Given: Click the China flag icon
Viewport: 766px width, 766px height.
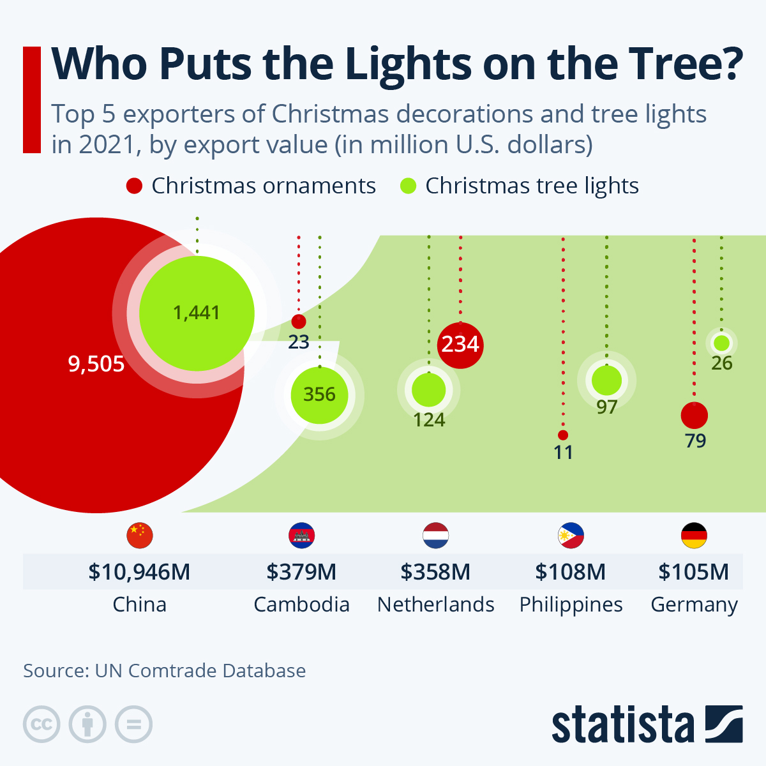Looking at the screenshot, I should (x=140, y=536).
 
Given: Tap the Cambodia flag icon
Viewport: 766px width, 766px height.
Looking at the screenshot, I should (x=302, y=536).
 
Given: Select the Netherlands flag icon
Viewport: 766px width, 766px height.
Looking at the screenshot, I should (x=436, y=536).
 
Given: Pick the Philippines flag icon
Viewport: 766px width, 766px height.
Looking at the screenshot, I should (x=571, y=536).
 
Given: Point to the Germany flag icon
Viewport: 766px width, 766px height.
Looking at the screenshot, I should (x=694, y=536).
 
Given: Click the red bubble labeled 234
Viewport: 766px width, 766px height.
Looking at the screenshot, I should (x=460, y=345).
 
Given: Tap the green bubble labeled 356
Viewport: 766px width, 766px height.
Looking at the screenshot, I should (x=319, y=394).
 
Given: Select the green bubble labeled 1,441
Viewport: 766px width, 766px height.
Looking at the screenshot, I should (x=197, y=313).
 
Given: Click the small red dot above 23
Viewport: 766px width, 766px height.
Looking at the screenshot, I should (x=298, y=321).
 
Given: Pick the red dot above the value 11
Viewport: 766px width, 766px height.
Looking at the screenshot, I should (x=562, y=435).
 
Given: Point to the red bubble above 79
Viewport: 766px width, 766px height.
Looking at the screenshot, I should (x=694, y=416).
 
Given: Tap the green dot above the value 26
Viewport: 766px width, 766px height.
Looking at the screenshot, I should (x=721, y=343).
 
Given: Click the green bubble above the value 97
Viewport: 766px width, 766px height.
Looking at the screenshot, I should (x=606, y=380).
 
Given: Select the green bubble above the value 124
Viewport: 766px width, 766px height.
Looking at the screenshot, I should (x=428, y=389).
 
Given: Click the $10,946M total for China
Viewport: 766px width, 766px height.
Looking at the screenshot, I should (x=139, y=571).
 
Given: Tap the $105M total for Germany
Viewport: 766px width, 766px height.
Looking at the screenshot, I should (x=693, y=571).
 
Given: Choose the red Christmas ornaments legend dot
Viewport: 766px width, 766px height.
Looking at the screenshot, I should (x=134, y=186).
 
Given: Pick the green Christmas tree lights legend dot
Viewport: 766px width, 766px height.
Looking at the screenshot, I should (x=408, y=186).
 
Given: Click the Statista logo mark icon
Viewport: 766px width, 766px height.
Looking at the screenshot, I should (x=724, y=724).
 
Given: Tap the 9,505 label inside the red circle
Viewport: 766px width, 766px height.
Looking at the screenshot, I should (x=96, y=364).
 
